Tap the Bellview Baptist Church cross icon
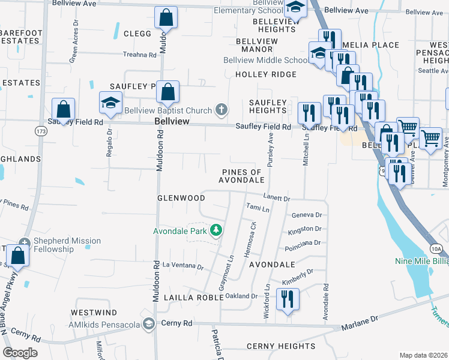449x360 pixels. pyautogui.click(x=221, y=110)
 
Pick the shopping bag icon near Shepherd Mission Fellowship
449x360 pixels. pyautogui.click(x=19, y=255)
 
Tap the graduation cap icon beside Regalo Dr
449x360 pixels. pyautogui.click(x=110, y=103)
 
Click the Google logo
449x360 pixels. pyautogui.click(x=20, y=353)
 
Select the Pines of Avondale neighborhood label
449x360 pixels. pyautogui.click(x=241, y=176)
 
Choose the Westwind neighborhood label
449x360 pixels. pyautogui.click(x=94, y=313)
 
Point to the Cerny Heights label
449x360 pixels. pyautogui.click(x=281, y=346)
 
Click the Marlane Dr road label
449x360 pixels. pyautogui.click(x=360, y=325)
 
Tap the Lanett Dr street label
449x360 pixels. pyautogui.click(x=277, y=197)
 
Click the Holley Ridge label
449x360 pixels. pyautogui.click(x=266, y=74)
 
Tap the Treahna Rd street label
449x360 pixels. pyautogui.click(x=140, y=54)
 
